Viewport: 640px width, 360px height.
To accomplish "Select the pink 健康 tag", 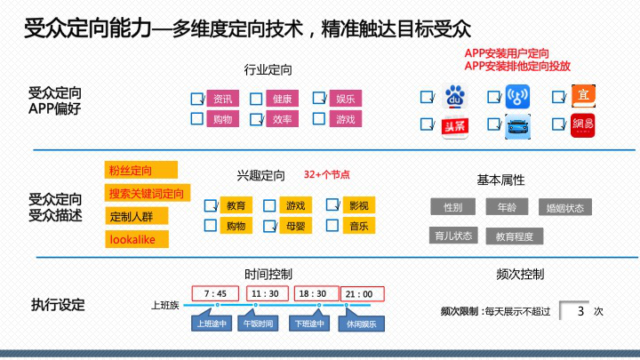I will (x=284, y=99).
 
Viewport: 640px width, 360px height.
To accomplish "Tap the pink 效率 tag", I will (x=284, y=119).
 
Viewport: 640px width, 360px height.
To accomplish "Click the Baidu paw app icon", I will (x=454, y=96).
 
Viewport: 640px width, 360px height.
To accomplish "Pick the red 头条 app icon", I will (x=454, y=127).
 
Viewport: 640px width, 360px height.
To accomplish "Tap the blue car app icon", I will (x=516, y=127).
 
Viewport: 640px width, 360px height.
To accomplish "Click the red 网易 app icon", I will (x=582, y=127).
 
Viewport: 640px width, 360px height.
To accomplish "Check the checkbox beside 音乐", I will (x=332, y=226).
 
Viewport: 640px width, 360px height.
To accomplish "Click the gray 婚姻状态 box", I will (x=565, y=208).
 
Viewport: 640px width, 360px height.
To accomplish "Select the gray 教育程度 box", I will (x=515, y=236).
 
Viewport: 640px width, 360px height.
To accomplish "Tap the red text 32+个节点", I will (x=327, y=175).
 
